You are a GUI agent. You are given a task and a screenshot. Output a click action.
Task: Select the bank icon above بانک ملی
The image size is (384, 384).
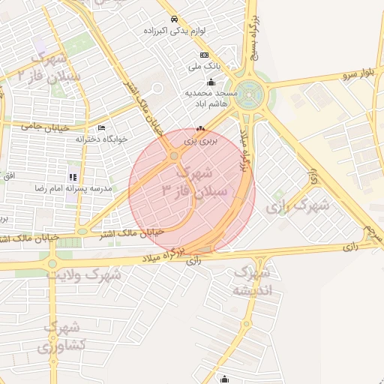coord(204,55)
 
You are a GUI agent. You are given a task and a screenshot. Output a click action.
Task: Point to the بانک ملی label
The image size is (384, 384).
coord(204,66)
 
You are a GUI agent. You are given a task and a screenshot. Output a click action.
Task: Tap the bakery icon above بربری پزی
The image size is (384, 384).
coord(200,127)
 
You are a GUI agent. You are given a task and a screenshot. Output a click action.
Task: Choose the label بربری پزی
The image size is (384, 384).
coord(200,139)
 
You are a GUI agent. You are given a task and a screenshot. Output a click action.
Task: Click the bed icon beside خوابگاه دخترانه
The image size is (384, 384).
coord(101,128)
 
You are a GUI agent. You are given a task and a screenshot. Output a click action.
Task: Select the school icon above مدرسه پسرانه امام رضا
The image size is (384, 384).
coord(73,177)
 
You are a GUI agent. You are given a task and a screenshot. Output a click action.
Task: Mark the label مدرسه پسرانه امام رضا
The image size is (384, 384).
coord(69,188)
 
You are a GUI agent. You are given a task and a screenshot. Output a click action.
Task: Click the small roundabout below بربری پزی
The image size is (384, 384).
coord(174,156)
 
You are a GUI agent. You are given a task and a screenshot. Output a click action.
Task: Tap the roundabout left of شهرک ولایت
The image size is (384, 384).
coord(51,263)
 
